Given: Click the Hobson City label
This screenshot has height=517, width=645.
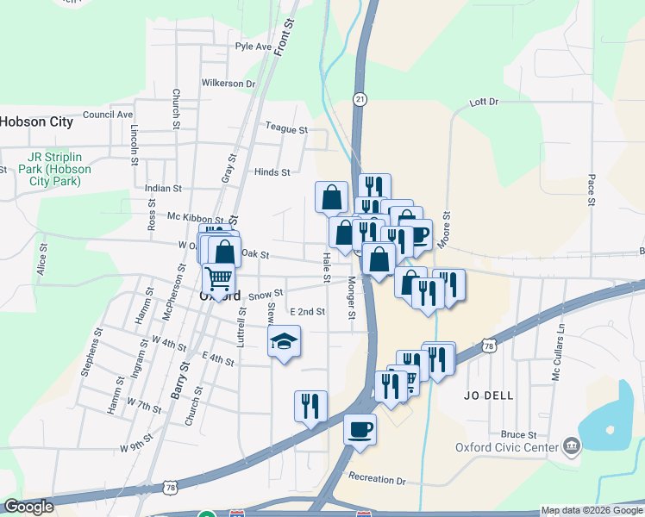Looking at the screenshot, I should pos(37,121).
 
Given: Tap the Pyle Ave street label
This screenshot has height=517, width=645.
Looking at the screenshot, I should pos(253,47).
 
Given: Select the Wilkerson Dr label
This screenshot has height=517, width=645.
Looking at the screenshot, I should pos(229,84).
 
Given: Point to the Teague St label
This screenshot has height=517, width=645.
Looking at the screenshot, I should pos(286,129).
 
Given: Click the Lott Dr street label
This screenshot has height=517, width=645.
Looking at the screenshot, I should pos(484,102).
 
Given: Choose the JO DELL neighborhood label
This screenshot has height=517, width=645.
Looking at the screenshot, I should pos(488,396).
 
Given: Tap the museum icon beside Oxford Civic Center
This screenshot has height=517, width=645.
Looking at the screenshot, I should pos(571,445).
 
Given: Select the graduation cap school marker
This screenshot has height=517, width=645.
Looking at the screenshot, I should pos(284,342).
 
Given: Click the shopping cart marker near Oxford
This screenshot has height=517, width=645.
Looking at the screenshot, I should pos(219,279).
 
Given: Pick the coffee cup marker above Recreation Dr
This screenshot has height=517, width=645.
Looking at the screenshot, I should pos(360,427).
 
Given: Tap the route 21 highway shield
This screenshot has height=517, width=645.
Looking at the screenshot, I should pos(360,100).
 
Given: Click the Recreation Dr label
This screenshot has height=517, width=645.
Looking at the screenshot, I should pos(377,478).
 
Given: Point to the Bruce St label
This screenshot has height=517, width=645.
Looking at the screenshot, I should pos(521,435).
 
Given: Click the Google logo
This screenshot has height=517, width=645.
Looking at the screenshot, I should pos(28,508).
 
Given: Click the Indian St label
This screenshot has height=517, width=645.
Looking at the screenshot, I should pos(163,188).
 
